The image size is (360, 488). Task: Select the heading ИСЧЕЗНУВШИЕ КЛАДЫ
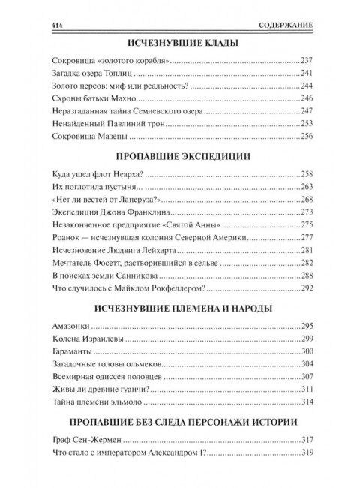179,44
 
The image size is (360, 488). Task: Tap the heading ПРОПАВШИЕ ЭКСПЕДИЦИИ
179,158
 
